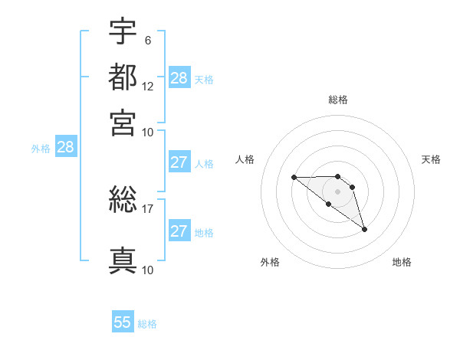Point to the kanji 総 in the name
click(123, 201)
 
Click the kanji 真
click(123, 260)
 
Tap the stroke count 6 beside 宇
click(147, 40)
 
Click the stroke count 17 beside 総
click(148, 208)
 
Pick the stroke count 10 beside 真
click(148, 269)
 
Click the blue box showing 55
click(123, 322)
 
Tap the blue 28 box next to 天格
click(179, 77)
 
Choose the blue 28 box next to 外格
click(65, 147)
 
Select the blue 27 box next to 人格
click(179, 162)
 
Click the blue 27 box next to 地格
click(179, 231)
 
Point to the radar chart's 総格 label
click(338, 100)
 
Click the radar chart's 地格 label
click(402, 263)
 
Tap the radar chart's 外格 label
click(270, 263)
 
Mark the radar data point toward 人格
click(294, 177)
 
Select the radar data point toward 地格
click(365, 229)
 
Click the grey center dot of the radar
click(338, 191)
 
